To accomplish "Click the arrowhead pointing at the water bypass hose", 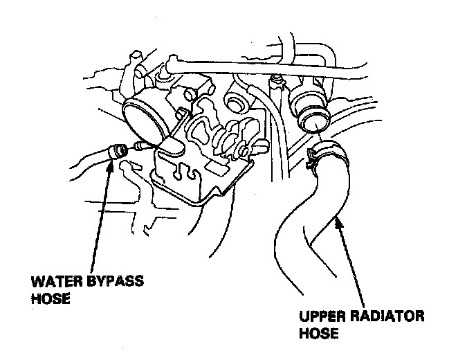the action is (109, 165).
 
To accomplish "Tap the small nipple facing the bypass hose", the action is (142, 147).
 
